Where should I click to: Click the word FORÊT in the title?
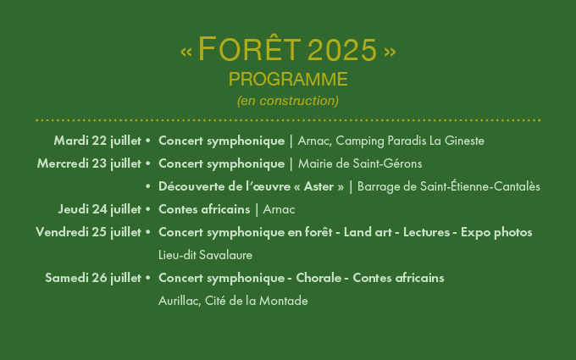coord(249,48)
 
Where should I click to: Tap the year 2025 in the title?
coord(342,50)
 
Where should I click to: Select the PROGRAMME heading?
coord(288,80)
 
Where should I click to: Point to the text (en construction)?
coord(288,101)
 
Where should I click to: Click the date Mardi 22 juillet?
coord(97,141)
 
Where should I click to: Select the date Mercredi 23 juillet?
coord(89,163)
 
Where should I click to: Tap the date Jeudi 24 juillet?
coord(100,209)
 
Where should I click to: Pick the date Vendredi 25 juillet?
coord(89,232)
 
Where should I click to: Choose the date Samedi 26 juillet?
coord(93,278)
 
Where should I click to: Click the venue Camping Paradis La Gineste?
coord(410,141)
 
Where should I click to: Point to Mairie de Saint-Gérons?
coord(360,163)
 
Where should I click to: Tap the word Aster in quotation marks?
coord(318,186)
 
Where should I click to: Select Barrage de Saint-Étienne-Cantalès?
coord(449,186)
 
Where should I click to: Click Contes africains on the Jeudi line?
coord(204,209)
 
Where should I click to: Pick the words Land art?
coord(368,232)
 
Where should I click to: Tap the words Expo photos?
coord(496,233)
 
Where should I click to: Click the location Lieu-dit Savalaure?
coord(205,255)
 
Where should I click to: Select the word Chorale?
coord(318,278)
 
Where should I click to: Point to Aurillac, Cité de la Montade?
coord(233,301)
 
